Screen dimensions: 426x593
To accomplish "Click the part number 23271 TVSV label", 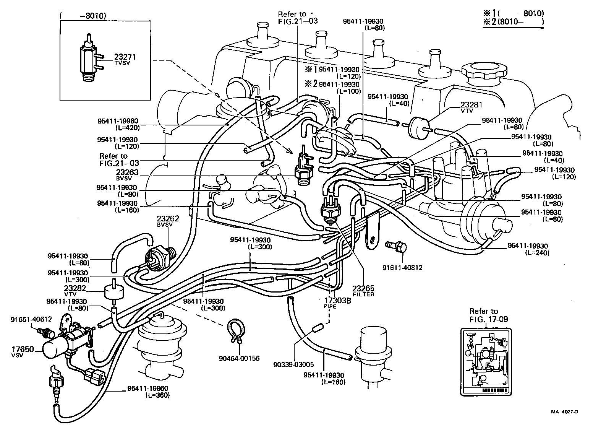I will [x=125, y=59].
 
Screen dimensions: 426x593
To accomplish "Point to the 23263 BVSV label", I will [x=127, y=174].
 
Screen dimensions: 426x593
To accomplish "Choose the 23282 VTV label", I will [x=75, y=291].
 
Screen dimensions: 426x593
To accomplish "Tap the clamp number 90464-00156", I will [x=239, y=358].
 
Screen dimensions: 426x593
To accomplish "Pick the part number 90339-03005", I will [x=293, y=364].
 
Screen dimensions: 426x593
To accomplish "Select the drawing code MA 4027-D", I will [x=564, y=412].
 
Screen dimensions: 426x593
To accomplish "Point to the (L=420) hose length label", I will [x=126, y=127].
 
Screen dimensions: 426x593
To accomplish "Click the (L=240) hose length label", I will [x=537, y=253].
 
